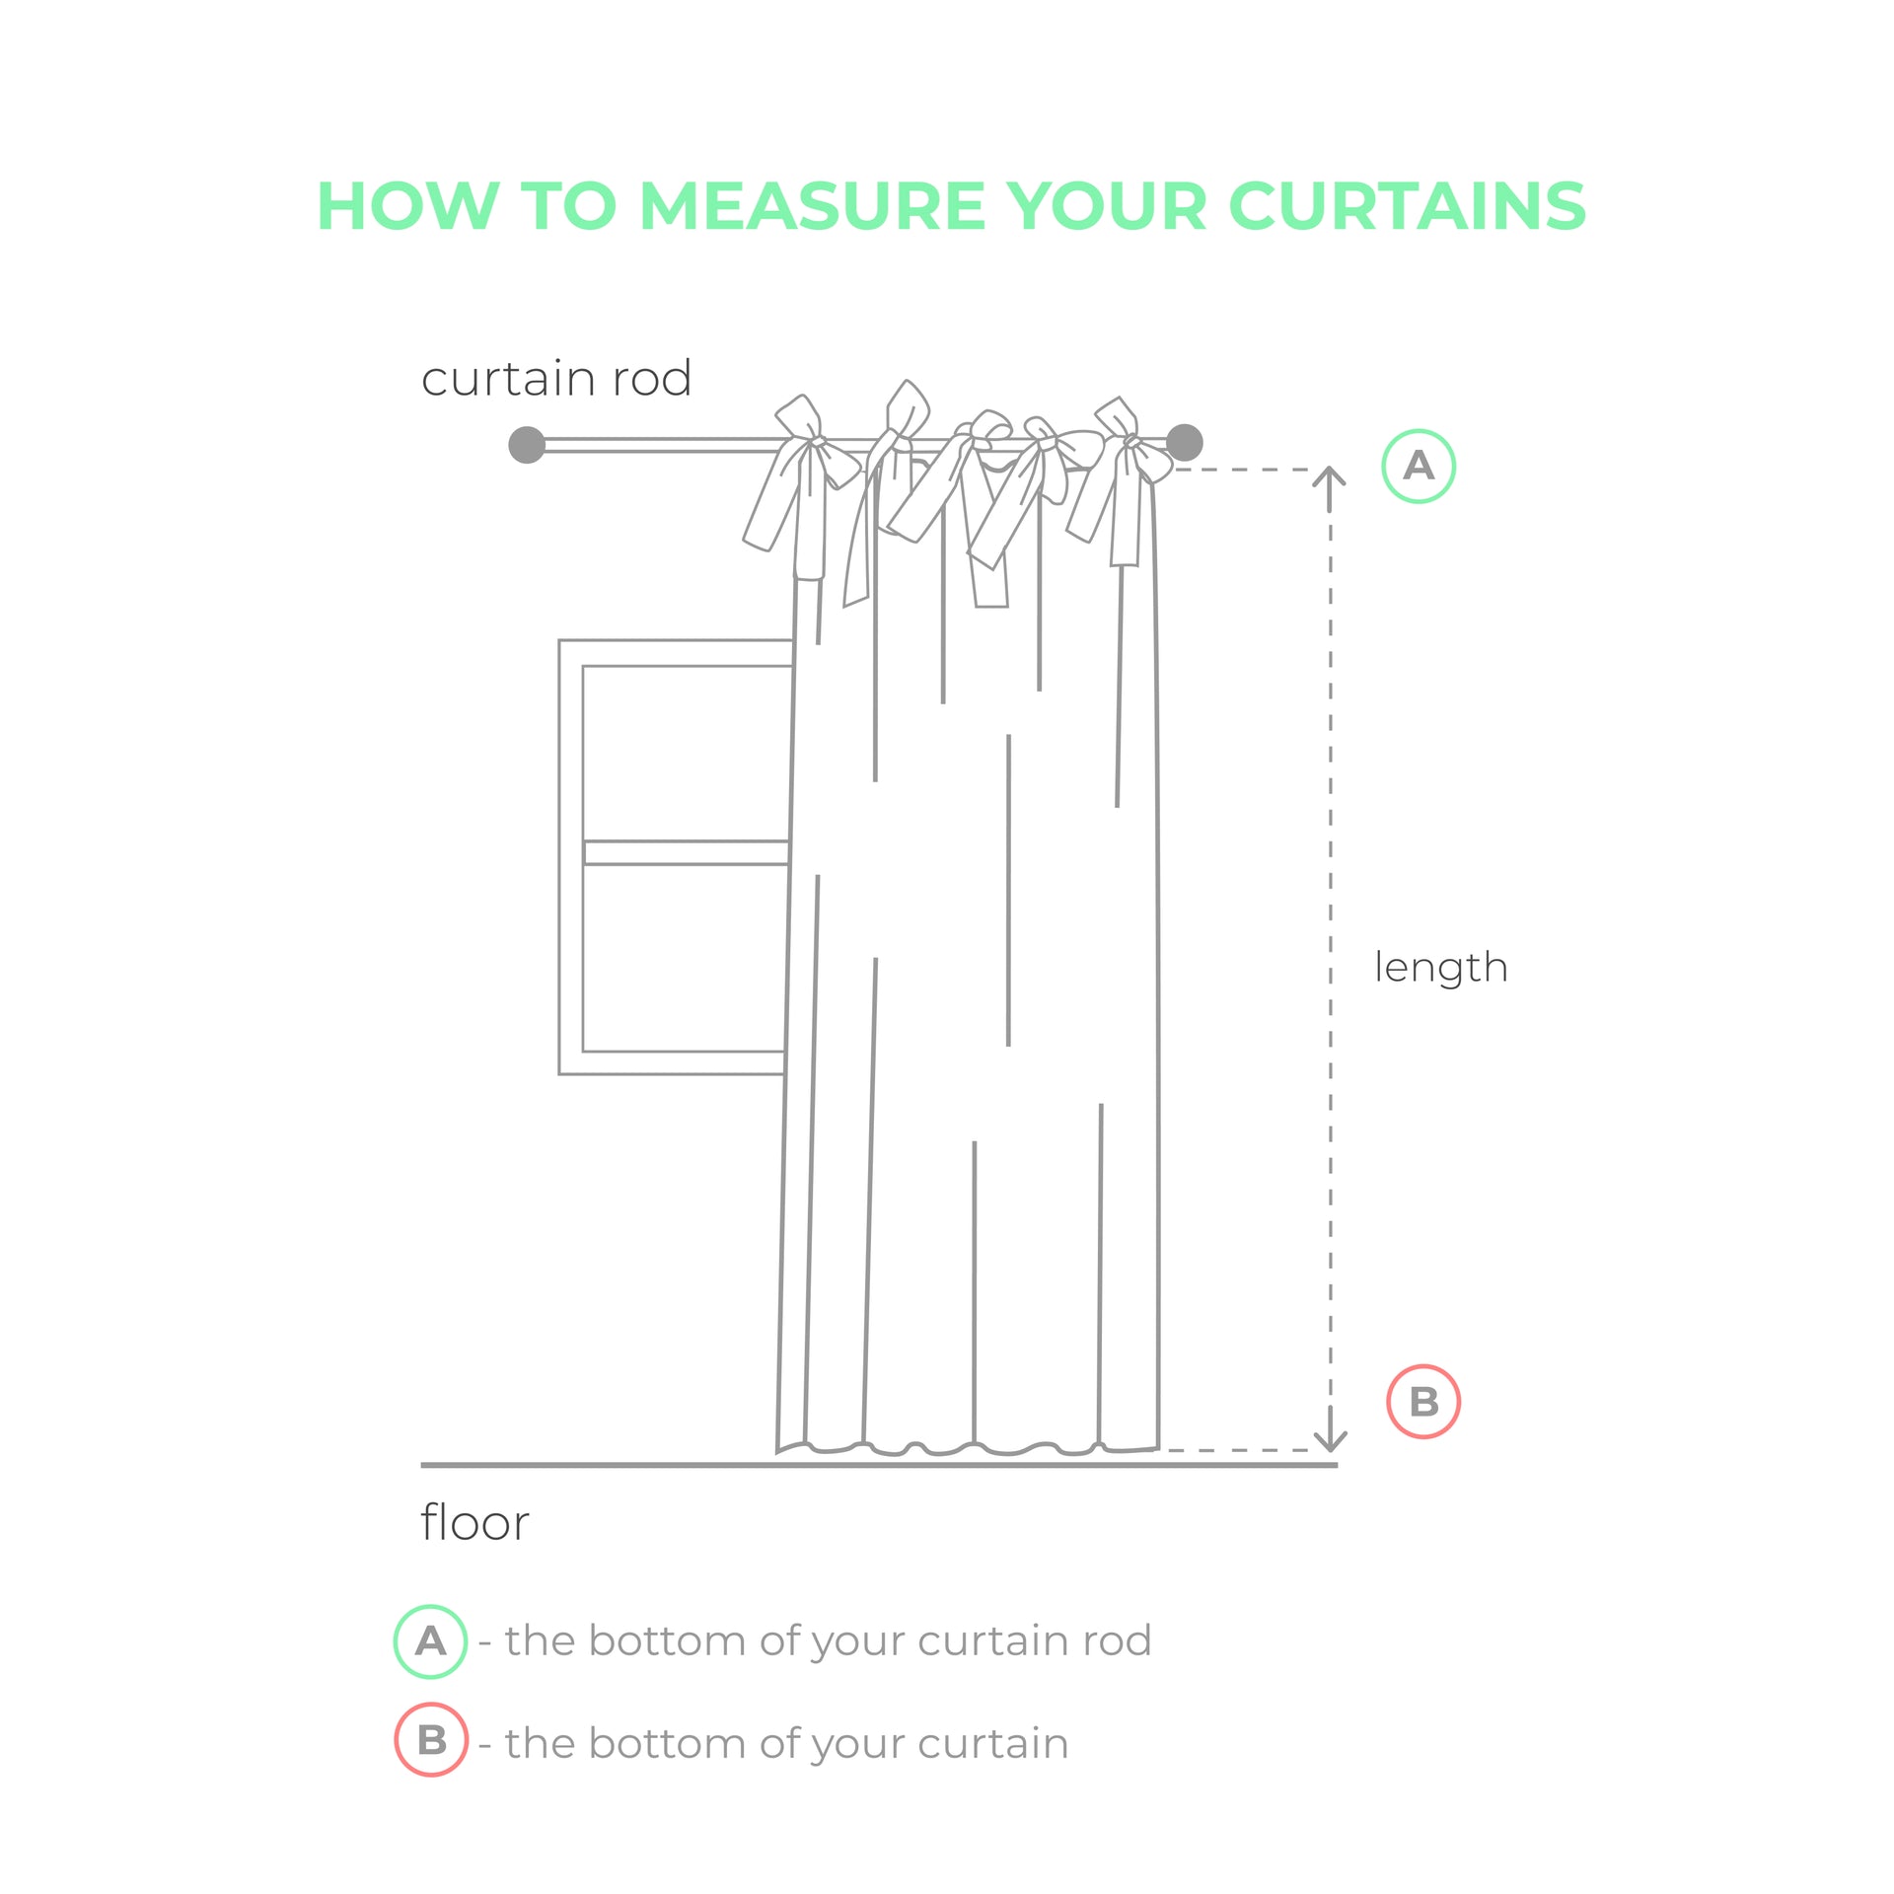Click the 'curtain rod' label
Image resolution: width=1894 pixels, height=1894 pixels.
(x=556, y=379)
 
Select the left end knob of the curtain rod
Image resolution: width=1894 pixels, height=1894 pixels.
(x=527, y=445)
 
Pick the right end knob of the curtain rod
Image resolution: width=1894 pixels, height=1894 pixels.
(x=1184, y=443)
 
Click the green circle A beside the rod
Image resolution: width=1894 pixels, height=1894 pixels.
(x=1419, y=466)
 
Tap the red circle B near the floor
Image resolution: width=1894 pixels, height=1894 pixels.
(x=1423, y=1402)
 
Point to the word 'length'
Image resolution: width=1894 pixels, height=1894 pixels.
(x=1441, y=967)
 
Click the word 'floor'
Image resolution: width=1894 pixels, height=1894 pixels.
(x=474, y=1522)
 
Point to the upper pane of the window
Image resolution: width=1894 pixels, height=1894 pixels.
(x=687, y=753)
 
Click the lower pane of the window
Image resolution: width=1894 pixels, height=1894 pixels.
(x=685, y=958)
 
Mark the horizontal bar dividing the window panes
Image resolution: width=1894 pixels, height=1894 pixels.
(x=687, y=852)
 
